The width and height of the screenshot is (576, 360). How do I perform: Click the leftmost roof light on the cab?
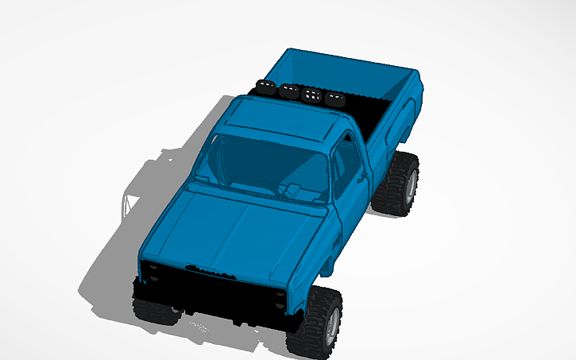(265, 87)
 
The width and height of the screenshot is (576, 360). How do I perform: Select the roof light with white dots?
(311, 95)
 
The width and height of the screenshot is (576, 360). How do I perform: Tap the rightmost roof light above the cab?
(334, 100)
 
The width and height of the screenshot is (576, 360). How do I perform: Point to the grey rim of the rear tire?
(412, 184)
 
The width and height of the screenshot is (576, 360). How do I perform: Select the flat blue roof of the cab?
(286, 119)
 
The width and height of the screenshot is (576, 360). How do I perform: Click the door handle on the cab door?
(361, 180)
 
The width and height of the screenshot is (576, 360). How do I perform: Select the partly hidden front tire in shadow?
(155, 310)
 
